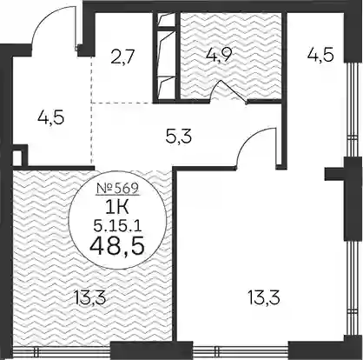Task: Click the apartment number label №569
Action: [117, 189]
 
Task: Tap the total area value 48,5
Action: [117, 247]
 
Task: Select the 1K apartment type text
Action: [117, 208]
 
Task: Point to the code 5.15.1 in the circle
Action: [117, 225]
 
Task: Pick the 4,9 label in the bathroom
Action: [218, 55]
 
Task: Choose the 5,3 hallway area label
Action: [179, 137]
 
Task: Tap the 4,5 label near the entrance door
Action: [51, 118]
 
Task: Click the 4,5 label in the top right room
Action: [320, 55]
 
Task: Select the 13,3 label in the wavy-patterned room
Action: [89, 298]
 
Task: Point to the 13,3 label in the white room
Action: [264, 298]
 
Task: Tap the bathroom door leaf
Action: [234, 91]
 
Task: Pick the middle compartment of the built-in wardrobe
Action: [167, 52]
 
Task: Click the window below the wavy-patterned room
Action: [62, 351]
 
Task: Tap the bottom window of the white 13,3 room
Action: [241, 351]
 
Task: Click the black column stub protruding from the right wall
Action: [334, 175]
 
